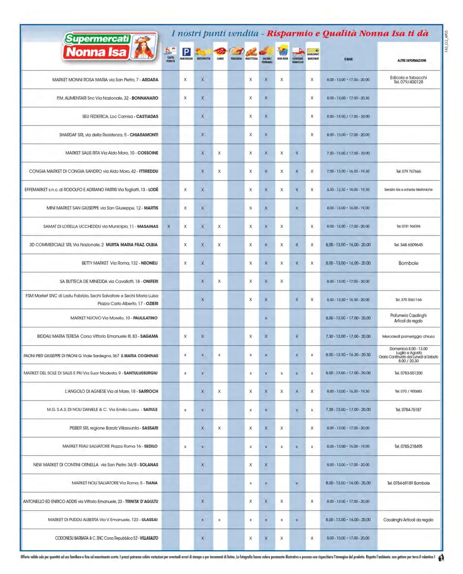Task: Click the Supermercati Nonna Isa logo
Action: click(110, 46)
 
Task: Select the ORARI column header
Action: click(348, 59)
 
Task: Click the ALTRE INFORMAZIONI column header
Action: click(411, 61)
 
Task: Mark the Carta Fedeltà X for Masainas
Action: click(169, 227)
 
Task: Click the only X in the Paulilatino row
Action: click(266, 318)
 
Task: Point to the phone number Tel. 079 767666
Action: click(408, 171)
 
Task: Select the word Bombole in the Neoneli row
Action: click(408, 263)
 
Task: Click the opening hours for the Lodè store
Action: click(348, 190)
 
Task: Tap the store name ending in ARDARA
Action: click(105, 80)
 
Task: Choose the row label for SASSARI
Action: click(114, 428)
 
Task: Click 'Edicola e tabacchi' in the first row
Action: click(408, 78)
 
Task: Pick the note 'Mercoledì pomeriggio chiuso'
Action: click(408, 336)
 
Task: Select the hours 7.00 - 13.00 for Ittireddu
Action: click(348, 171)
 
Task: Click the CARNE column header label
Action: click(220, 59)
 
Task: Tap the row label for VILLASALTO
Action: click(106, 538)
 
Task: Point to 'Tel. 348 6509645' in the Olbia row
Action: click(408, 245)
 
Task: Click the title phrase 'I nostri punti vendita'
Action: click(215, 34)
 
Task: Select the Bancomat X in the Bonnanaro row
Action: click(312, 98)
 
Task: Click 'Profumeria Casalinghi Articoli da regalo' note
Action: click(408, 318)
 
